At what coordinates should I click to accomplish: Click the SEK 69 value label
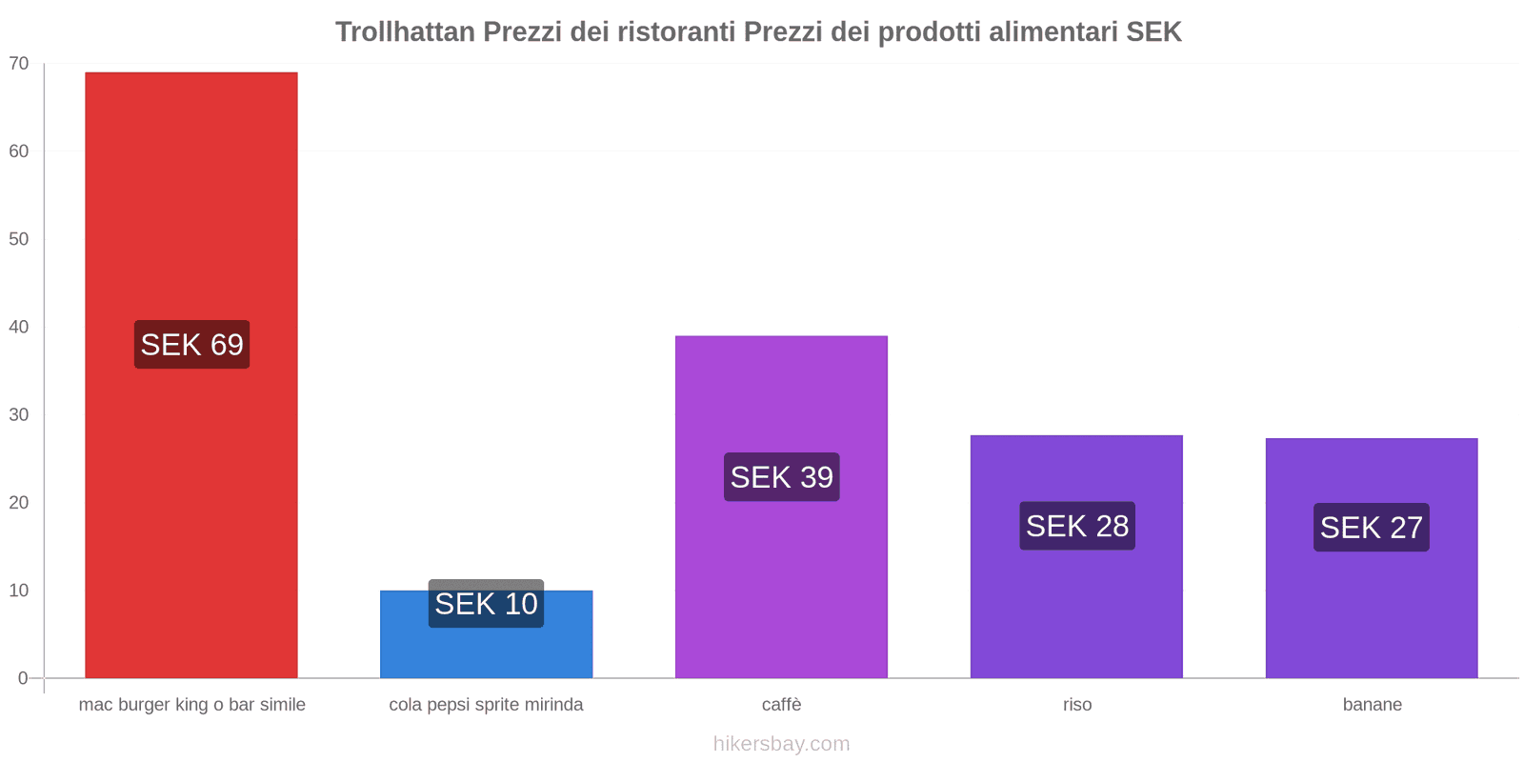coord(191,345)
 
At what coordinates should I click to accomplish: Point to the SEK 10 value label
coord(486,604)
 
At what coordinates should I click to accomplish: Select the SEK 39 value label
coord(781,477)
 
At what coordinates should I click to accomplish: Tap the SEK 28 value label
coord(1076,526)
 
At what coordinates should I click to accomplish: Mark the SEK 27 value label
coord(1371,528)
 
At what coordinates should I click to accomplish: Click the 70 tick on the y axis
coord(19,64)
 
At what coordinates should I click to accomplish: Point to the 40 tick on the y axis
coord(19,327)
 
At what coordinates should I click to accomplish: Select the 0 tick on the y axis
coord(23,678)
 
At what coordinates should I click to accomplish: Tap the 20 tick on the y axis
coord(19,503)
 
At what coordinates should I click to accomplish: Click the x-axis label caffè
coord(781,705)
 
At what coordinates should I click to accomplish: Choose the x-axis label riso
coord(1076,705)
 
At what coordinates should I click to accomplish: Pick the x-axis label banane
coord(1372,705)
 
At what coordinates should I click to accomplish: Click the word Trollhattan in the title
coord(405,32)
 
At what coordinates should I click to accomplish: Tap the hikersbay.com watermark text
coord(781,744)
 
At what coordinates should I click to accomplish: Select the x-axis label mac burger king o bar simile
coord(191,705)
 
